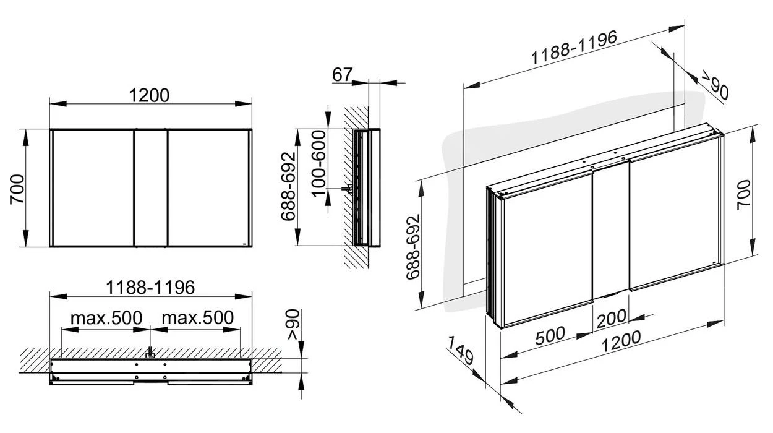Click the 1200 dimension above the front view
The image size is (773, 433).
(150, 95)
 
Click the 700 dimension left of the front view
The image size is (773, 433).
(17, 189)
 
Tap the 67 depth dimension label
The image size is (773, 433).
(342, 74)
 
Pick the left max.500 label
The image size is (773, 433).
(106, 318)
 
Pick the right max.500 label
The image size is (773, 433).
(197, 318)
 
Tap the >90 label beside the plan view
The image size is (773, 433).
(293, 325)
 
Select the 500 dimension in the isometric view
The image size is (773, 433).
(549, 335)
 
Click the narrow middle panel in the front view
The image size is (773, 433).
(150, 188)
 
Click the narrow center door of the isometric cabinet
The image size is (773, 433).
(611, 229)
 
